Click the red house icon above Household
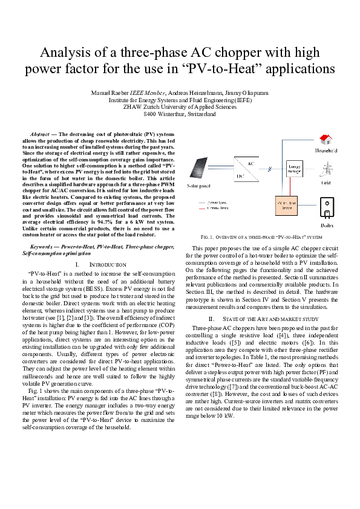pyautogui.click(x=326, y=140)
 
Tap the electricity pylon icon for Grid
pyautogui.click(x=327, y=168)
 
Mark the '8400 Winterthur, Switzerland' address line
pyautogui.click(x=180, y=113)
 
